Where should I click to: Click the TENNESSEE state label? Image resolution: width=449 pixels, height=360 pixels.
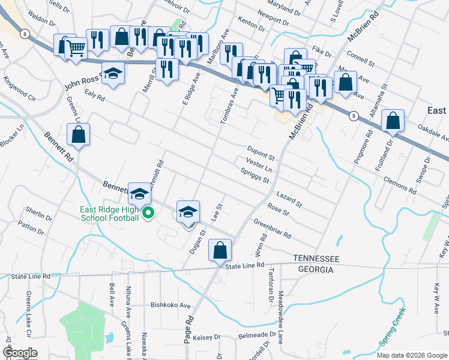click(x=316, y=258)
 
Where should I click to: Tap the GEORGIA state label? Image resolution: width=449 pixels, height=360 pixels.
click(x=313, y=270)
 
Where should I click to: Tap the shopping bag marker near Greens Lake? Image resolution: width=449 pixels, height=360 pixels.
click(x=79, y=135)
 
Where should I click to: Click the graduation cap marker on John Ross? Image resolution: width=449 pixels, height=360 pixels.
click(x=112, y=74)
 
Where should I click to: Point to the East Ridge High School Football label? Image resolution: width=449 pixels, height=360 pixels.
click(x=110, y=214)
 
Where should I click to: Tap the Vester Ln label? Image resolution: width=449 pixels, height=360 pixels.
click(x=259, y=165)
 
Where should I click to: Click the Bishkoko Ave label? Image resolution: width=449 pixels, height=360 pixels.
click(x=170, y=305)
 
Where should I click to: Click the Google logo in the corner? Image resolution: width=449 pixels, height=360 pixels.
click(x=20, y=353)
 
